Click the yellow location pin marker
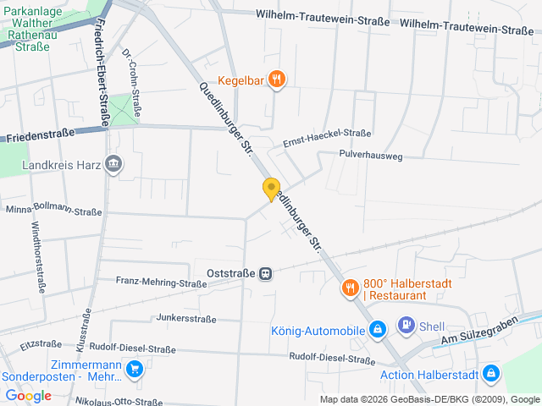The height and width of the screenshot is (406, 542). tap(271, 189)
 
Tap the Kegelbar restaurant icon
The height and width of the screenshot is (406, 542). tap(277, 80)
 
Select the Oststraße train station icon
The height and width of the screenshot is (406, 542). tap(266, 273)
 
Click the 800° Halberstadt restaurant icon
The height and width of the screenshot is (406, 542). tap(350, 288)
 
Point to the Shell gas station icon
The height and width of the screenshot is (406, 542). tap(406, 326)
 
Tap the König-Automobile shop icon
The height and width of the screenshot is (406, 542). tap(378, 329)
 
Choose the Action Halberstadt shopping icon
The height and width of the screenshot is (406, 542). tap(491, 374)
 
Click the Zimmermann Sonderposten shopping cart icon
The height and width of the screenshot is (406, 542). tap(134, 369)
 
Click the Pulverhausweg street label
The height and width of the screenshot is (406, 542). tap(370, 156)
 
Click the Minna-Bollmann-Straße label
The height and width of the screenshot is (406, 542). tap(53, 211)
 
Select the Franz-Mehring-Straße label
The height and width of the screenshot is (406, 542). tap(161, 282)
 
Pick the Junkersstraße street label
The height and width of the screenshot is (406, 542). tap(186, 319)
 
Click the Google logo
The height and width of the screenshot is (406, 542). tap(29, 395)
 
